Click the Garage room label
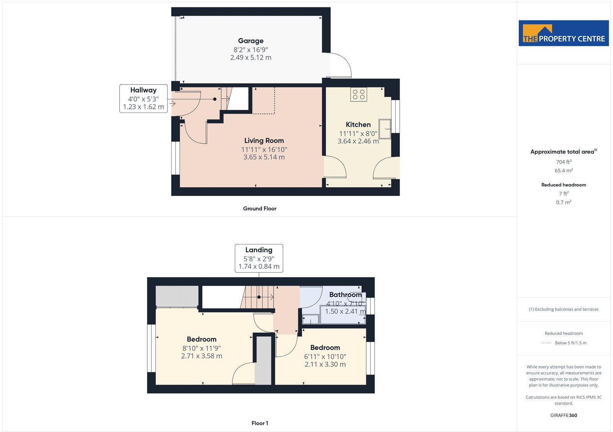(251, 41)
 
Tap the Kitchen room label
(358, 124)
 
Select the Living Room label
(264, 141)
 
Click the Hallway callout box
(143, 98)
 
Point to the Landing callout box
(259, 258)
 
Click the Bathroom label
(345, 295)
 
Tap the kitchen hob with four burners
(359, 94)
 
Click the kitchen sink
(385, 129)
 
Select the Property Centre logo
(564, 33)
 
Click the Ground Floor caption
(259, 209)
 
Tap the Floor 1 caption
(260, 423)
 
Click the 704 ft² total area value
(564, 162)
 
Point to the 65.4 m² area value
(564, 171)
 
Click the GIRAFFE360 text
(564, 415)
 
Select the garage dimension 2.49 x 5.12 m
(251, 57)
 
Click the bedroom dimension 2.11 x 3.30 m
(325, 364)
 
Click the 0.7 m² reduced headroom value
(564, 203)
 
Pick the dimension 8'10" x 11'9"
(202, 348)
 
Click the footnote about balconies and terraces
(564, 309)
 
